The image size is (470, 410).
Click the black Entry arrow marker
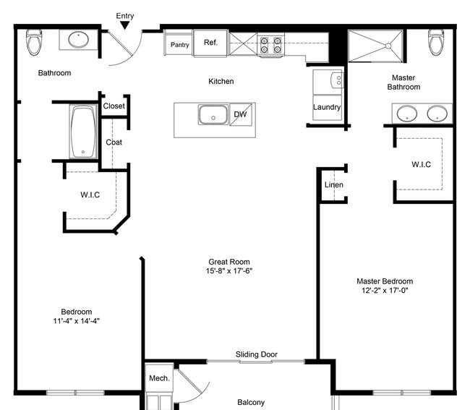124,25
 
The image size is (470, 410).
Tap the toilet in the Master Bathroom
436,42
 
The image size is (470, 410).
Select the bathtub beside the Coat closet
83,132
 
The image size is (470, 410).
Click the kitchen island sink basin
213,114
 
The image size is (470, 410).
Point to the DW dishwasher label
240,114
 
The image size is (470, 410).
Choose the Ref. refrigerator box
210,43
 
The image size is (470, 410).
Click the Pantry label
180,45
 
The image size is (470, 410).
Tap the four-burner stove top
270,45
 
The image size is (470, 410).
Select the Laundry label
327,107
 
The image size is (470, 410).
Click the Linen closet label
334,184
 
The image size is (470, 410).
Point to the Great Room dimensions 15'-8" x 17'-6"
229,271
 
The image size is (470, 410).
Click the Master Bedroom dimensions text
385,291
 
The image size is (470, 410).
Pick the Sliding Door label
256,354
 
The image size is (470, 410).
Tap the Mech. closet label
159,378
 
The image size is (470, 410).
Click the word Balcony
251,402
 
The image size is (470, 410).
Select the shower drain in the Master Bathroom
388,46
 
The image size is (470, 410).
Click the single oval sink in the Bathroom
78,39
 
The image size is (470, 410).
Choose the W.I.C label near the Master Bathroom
421,164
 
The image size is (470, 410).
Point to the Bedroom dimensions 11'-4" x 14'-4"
77,321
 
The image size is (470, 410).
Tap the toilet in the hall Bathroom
34,42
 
